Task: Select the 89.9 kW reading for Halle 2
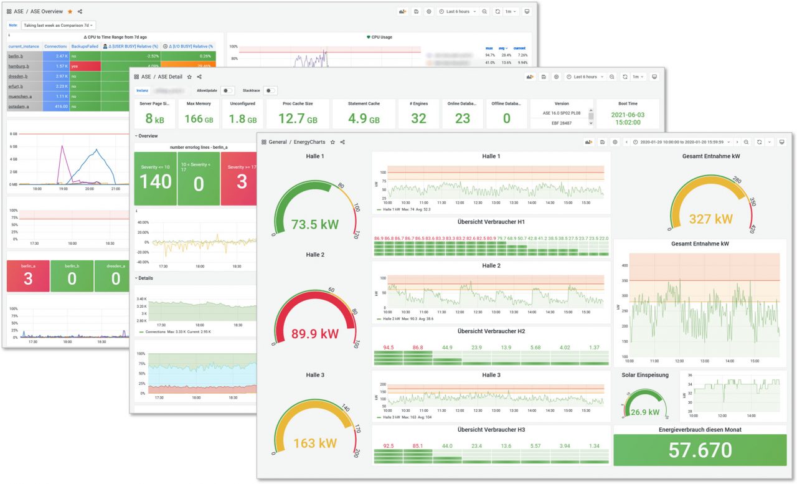click(x=314, y=334)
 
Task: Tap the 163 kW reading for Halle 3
click(x=314, y=444)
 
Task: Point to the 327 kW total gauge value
click(x=705, y=219)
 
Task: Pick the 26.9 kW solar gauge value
click(x=645, y=412)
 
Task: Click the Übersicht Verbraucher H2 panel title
click(x=491, y=331)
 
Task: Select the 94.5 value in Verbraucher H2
click(x=388, y=347)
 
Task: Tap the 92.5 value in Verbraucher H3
click(x=388, y=445)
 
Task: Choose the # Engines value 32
click(x=418, y=118)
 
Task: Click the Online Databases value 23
click(x=462, y=118)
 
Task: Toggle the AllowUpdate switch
click(x=228, y=90)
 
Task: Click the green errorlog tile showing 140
click(x=155, y=181)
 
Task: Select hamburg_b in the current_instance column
click(x=18, y=66)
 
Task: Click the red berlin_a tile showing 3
click(x=28, y=278)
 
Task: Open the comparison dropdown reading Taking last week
click(x=59, y=25)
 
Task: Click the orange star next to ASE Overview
click(x=70, y=11)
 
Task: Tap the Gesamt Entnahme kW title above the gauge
click(x=705, y=156)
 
